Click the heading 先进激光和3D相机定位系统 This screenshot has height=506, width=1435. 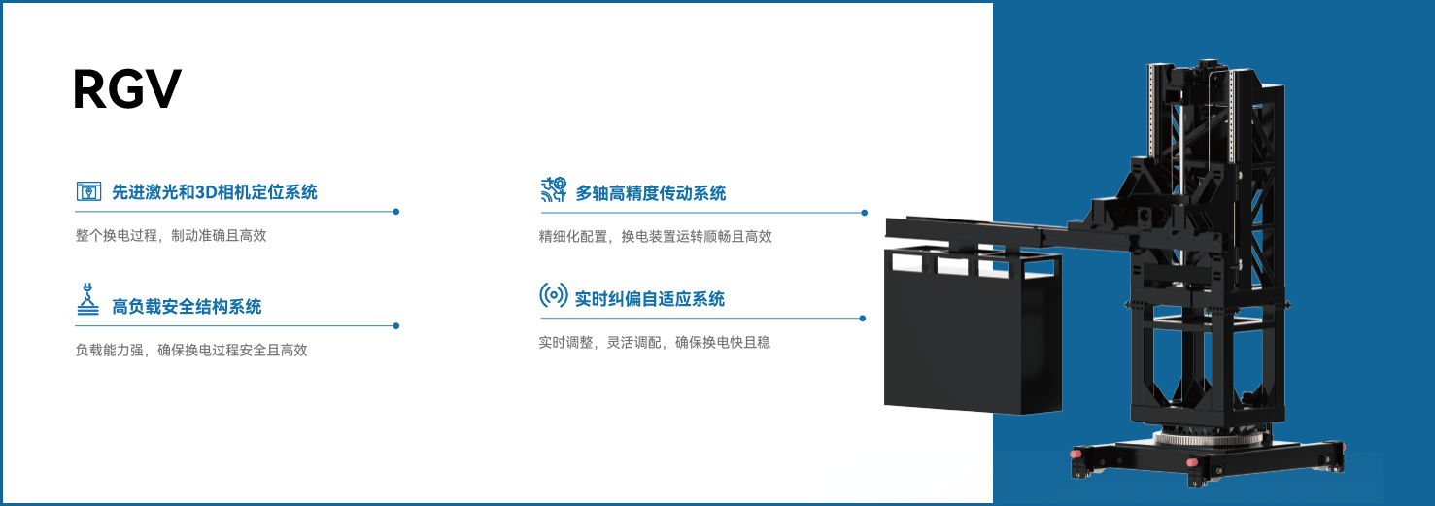[214, 192]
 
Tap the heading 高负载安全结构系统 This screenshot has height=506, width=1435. [186, 307]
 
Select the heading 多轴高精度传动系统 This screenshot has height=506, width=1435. [650, 193]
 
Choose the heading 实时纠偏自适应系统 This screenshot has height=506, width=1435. [649, 299]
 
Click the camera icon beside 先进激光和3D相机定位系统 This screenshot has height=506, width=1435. [88, 191]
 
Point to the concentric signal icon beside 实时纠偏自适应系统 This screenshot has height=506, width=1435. [554, 295]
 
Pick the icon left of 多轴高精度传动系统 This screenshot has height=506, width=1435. [554, 189]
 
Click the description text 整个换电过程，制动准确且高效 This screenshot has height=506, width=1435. [170, 235]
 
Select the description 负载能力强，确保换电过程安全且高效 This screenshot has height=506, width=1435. [191, 350]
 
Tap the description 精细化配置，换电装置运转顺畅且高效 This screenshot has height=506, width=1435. [656, 236]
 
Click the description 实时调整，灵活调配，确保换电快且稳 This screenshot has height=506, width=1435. [655, 342]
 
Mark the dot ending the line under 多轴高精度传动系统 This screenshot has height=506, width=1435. [864, 212]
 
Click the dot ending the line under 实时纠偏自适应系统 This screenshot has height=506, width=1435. [862, 318]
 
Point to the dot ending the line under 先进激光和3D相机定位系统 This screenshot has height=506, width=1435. [395, 211]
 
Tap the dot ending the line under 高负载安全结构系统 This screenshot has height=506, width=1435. [395, 326]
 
